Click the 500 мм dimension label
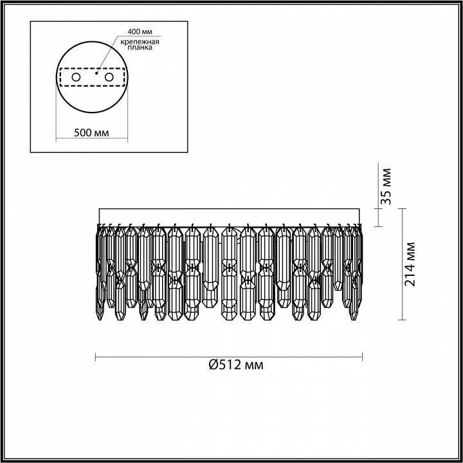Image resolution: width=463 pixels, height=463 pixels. pos(91,132)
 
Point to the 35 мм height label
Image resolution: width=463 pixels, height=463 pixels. pos(386,186)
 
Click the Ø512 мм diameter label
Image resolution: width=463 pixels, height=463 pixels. pos(236,365)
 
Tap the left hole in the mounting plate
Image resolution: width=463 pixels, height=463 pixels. pos(76,77)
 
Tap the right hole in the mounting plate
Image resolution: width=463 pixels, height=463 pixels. pos(109,77)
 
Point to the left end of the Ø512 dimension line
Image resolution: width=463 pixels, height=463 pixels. pos(96,356)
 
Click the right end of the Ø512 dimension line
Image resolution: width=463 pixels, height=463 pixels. pos(362,356)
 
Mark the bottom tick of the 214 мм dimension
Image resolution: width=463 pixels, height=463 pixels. pos(403,319)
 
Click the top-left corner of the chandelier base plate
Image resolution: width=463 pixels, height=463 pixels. pos(98,210)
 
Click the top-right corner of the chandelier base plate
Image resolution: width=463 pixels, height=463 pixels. pos(361,210)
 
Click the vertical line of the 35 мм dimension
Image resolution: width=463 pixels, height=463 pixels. pos(377,193)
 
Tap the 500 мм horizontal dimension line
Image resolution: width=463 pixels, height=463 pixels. pos(91,140)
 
